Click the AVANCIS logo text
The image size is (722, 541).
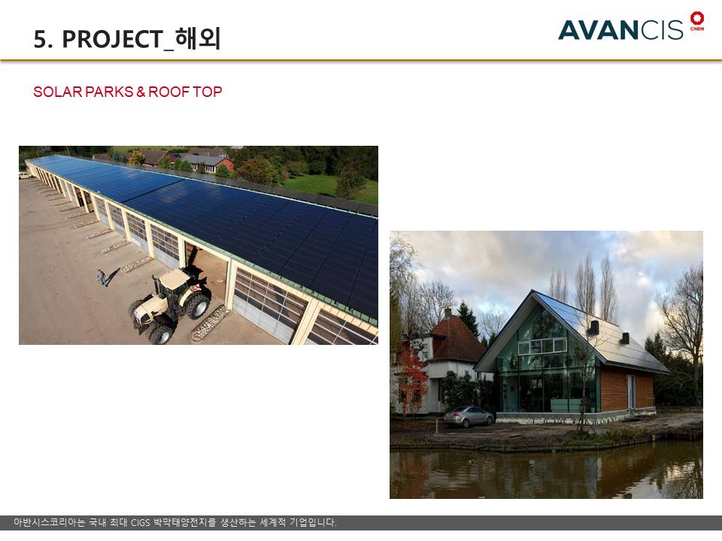[620, 30]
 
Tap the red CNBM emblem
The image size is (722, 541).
[696, 21]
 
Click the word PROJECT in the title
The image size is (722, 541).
[113, 39]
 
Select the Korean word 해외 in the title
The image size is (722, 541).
[198, 38]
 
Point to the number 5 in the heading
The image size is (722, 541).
[40, 40]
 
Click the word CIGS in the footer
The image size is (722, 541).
[141, 523]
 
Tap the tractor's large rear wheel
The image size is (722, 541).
[197, 306]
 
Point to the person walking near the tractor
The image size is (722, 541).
[102, 277]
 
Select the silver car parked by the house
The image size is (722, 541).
[468, 416]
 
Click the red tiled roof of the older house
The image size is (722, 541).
[458, 340]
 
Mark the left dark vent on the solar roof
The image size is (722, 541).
[593, 327]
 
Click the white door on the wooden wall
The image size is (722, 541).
[630, 391]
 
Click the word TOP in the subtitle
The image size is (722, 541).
[208, 92]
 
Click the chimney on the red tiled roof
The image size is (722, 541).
[447, 313]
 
